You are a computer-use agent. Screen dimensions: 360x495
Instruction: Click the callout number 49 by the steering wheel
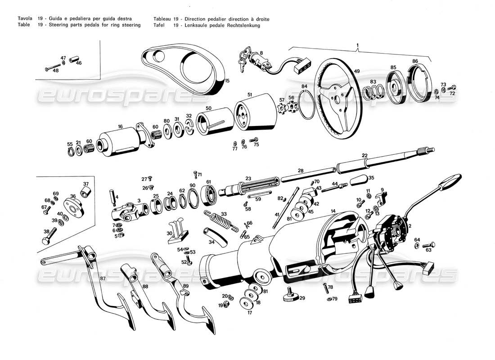(x=357, y=71)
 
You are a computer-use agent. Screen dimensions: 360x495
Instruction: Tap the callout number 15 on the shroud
(x=227, y=81)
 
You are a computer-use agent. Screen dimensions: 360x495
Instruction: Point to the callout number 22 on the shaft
(x=364, y=156)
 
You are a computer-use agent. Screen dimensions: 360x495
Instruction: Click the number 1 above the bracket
(x=357, y=45)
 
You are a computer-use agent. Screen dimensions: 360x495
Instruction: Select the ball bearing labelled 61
(x=209, y=194)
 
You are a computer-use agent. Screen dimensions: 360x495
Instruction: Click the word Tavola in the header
(x=24, y=19)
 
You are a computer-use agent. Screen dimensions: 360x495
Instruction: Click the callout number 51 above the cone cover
(x=249, y=94)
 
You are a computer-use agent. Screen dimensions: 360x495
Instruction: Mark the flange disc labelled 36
(x=72, y=204)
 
